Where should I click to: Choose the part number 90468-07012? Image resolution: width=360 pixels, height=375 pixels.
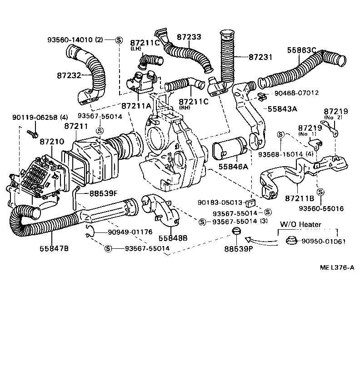pos(296,93)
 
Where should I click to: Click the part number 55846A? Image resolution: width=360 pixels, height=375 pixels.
pos(233,167)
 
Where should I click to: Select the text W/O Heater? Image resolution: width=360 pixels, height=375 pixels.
pos(300,224)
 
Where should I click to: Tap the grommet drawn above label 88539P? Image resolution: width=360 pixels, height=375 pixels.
pos(236,234)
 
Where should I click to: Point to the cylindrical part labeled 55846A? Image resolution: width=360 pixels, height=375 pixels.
pos(230,149)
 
